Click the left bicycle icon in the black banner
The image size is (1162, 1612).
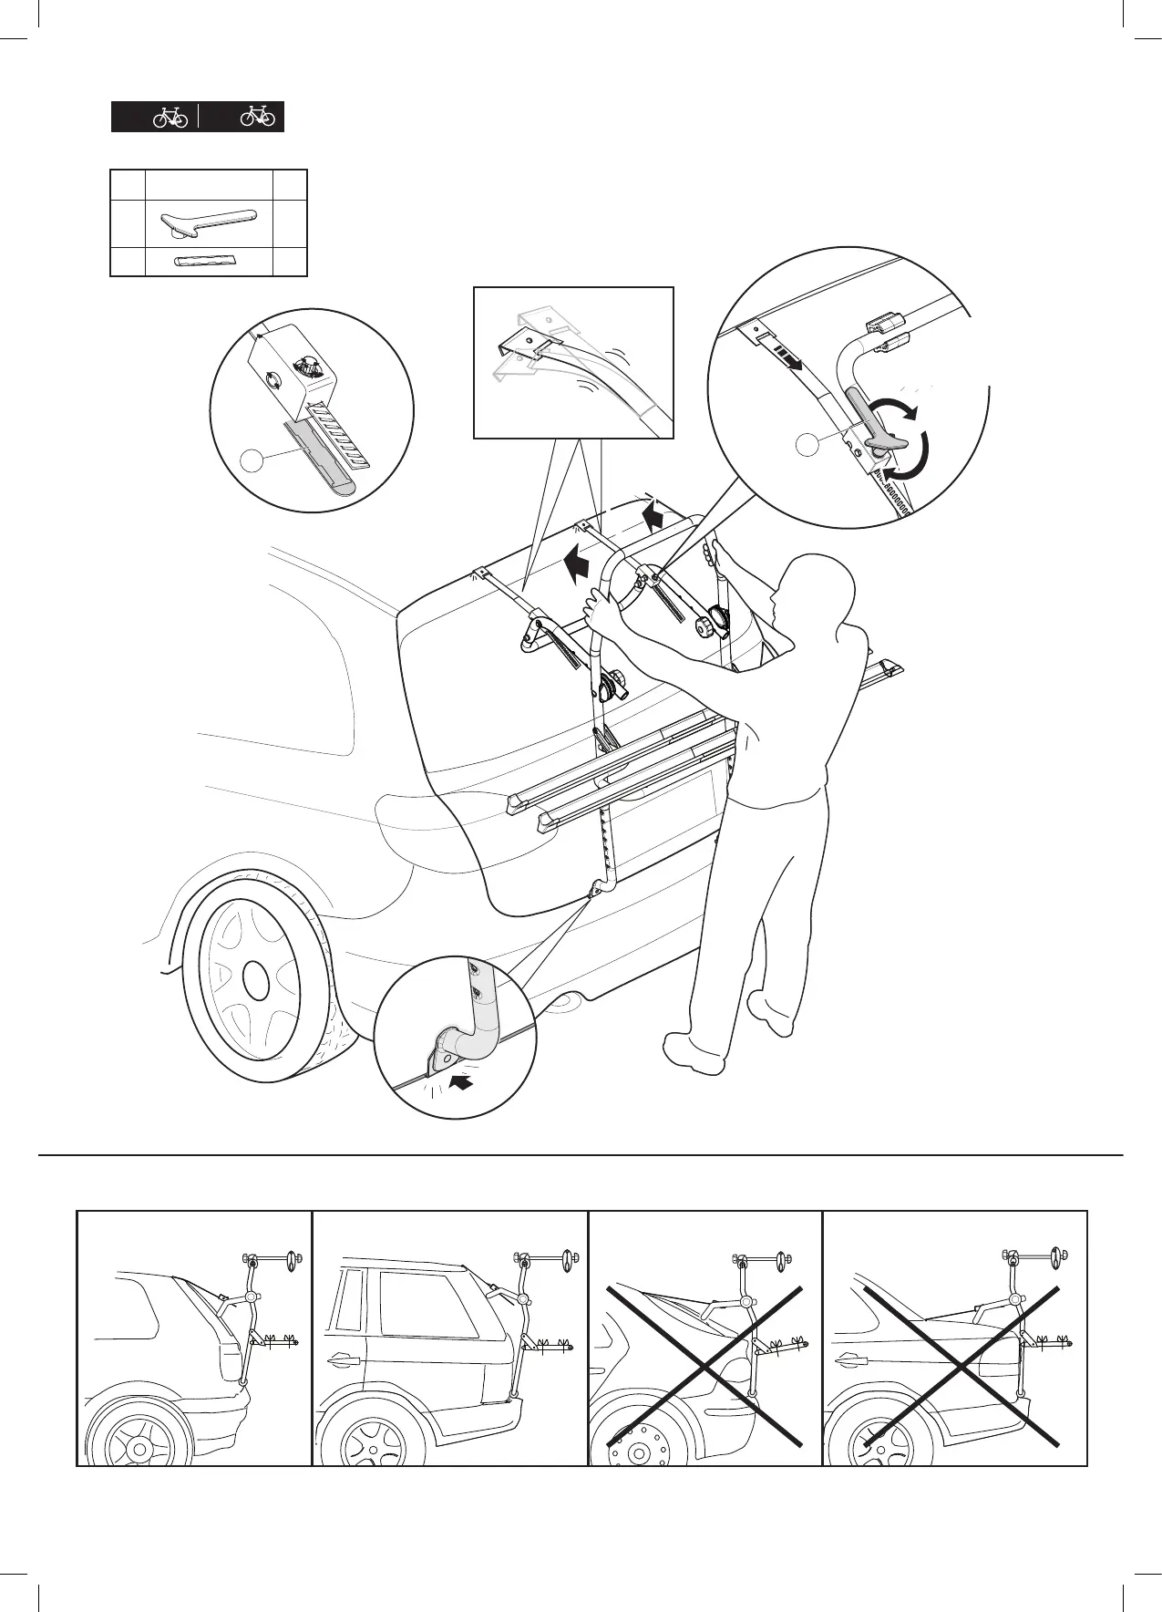pyautogui.click(x=170, y=118)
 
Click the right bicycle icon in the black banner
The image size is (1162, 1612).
pyautogui.click(x=258, y=117)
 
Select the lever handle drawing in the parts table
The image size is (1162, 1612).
pyautogui.click(x=209, y=222)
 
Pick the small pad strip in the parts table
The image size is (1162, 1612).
pyautogui.click(x=204, y=262)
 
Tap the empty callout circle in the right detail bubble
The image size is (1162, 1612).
pyautogui.click(x=807, y=445)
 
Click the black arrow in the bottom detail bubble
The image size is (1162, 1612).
pyautogui.click(x=463, y=1082)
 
